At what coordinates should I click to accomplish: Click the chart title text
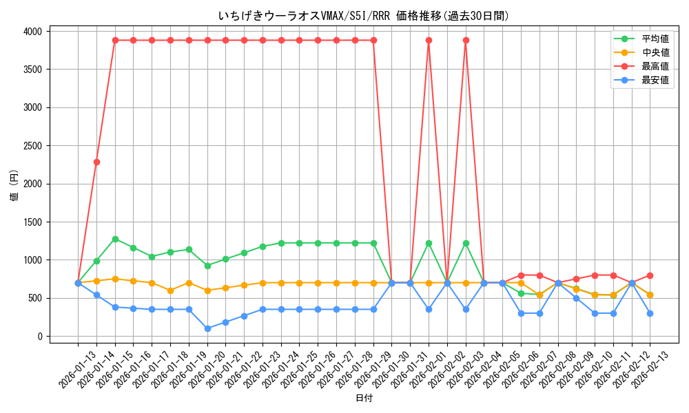363,16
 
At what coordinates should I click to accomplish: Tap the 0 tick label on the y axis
40,337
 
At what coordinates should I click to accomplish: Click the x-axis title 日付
364,399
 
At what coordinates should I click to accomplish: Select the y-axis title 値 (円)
14,184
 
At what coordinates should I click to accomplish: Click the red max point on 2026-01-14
96,162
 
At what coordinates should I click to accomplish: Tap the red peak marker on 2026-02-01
429,40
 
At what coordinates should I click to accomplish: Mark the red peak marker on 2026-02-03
466,40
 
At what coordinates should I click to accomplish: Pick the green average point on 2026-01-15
115,239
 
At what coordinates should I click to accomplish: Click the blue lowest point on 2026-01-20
207,328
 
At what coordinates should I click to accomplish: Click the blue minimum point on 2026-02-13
650,313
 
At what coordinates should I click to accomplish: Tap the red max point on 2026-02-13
650,275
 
